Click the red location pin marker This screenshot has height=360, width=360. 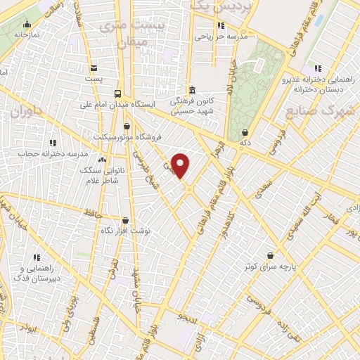[x=181, y=165]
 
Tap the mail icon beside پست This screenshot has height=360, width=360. [x=94, y=68]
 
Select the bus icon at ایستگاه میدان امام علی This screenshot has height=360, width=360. [x=117, y=94]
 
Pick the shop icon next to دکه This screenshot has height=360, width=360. [x=244, y=132]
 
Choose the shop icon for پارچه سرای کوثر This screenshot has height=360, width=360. [x=271, y=256]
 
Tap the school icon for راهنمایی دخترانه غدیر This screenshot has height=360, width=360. [x=318, y=68]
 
